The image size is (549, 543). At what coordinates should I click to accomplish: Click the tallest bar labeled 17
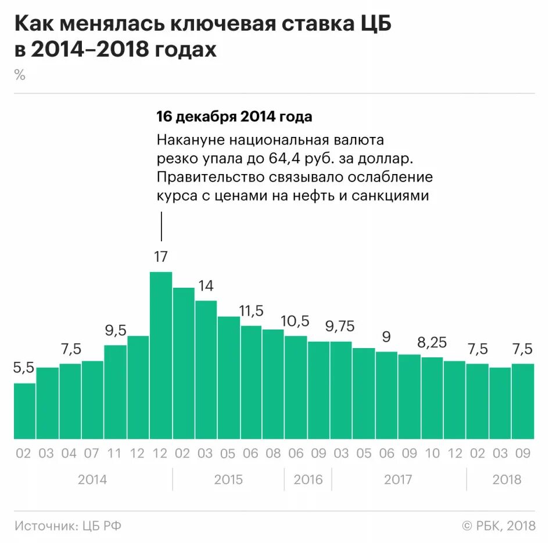pos(161,355)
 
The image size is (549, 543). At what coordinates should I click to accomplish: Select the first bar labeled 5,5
pos(24,411)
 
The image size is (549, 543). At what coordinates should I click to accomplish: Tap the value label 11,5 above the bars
pos(251,310)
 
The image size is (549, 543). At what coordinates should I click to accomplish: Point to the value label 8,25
pos(432,343)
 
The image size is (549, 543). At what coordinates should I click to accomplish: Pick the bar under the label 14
pos(206,370)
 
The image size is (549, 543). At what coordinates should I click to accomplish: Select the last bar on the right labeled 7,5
pos(523,401)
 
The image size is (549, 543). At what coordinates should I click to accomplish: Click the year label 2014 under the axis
pos(92,480)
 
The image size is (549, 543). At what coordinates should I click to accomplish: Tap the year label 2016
pos(308,480)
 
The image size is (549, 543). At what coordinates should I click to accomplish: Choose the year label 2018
pos(507,480)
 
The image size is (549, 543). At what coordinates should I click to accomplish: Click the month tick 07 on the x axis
pos(92,453)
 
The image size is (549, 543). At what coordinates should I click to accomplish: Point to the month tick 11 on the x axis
pos(115,453)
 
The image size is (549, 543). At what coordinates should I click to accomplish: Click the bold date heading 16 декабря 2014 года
pos(234,117)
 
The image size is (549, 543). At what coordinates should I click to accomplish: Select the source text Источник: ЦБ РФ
pos(68,526)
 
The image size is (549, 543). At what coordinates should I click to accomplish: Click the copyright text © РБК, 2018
pos(498,526)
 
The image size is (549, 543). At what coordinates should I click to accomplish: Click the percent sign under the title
pos(20,75)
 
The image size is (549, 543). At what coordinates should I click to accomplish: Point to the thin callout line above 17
pos(161,226)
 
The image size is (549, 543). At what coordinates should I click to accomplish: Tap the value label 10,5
pos(295,321)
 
